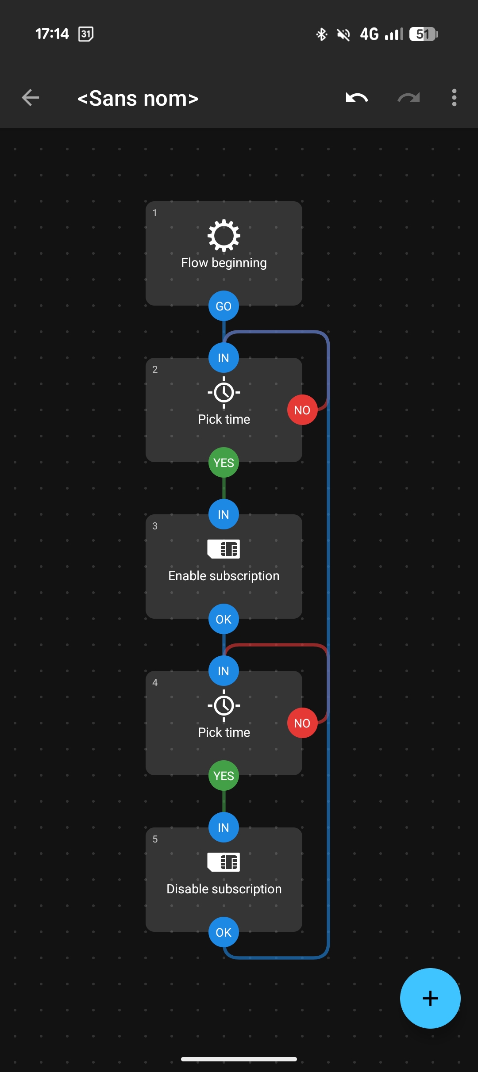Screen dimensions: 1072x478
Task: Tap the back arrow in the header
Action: pos(31,98)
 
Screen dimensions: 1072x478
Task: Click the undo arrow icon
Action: pos(357,98)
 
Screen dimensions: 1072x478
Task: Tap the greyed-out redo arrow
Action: pos(408,98)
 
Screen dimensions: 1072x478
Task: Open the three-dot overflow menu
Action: pos(454,98)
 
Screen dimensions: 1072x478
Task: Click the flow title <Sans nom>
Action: pos(138,98)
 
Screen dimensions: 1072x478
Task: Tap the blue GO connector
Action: pos(224,306)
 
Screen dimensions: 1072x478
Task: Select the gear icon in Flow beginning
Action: pos(224,235)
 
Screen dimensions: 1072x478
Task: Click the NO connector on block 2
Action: pos(302,410)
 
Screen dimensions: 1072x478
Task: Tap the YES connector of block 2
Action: pos(224,463)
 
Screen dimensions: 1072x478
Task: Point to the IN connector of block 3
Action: pos(224,514)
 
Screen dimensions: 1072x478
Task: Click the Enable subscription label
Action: pos(224,576)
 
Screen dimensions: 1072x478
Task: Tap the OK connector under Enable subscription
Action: pos(224,619)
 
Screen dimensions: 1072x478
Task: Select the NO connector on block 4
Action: pos(302,723)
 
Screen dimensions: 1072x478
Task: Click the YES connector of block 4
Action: pos(224,776)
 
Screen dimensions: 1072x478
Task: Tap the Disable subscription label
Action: pos(224,889)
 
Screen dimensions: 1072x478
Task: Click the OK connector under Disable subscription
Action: pos(224,932)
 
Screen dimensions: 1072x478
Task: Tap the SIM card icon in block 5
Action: pos(224,862)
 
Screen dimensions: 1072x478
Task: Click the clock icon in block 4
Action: pos(224,705)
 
